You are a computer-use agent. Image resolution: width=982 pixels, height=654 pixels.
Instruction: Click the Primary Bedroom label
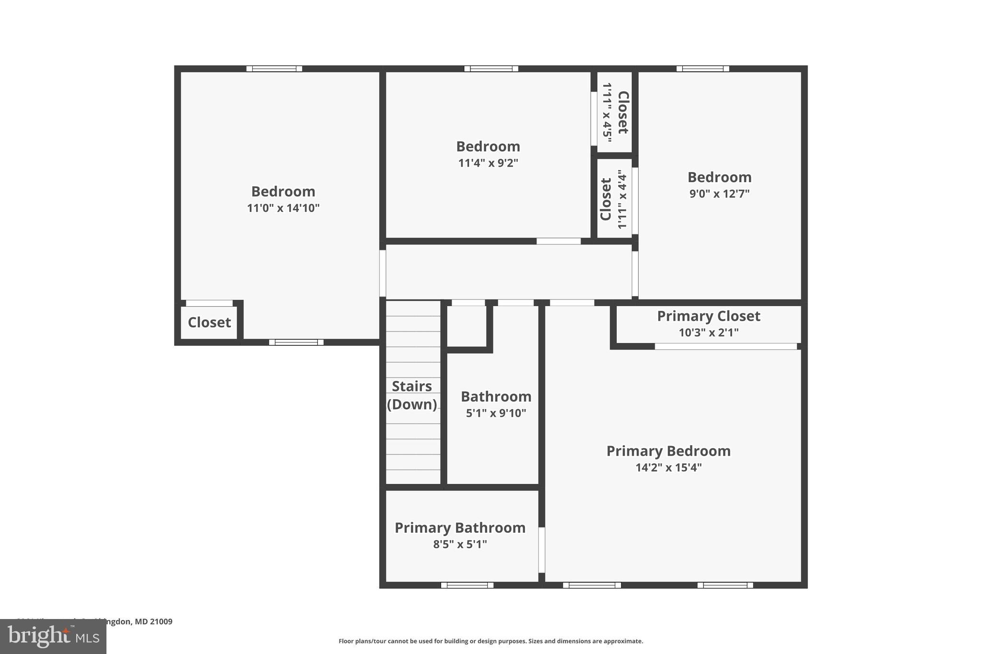pos(668,451)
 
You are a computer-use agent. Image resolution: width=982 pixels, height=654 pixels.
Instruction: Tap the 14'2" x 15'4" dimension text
pos(668,468)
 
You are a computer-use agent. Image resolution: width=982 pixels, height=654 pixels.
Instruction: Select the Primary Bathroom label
pos(460,528)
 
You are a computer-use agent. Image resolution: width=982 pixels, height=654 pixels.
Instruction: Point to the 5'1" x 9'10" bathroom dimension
pos(496,413)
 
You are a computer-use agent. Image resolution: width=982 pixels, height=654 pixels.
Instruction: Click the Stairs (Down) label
pos(412,395)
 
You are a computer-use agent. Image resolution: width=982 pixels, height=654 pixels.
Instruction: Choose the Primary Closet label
pos(708,316)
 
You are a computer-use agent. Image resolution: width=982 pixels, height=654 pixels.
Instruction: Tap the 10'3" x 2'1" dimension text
pos(708,333)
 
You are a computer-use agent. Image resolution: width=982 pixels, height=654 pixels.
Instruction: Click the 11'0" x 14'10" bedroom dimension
pos(283,208)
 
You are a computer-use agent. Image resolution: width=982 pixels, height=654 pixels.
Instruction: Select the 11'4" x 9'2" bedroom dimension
pos(488,163)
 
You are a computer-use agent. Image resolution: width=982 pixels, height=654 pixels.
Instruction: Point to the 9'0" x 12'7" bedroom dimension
pos(719,194)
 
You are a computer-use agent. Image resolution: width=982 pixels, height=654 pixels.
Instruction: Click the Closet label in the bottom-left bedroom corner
pos(209,322)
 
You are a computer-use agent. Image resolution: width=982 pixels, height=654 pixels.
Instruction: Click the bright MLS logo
pos(53,636)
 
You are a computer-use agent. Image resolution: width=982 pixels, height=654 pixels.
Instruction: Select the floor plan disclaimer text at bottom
pos(491,641)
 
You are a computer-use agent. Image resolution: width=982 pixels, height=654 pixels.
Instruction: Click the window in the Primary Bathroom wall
pos(467,585)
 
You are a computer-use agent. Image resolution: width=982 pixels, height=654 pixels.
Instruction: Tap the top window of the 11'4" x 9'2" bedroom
pos(491,69)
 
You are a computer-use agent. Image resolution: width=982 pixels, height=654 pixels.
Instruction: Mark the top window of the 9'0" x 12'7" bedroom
pos(702,69)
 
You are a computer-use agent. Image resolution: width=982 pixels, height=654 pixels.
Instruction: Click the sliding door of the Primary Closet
pos(725,346)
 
